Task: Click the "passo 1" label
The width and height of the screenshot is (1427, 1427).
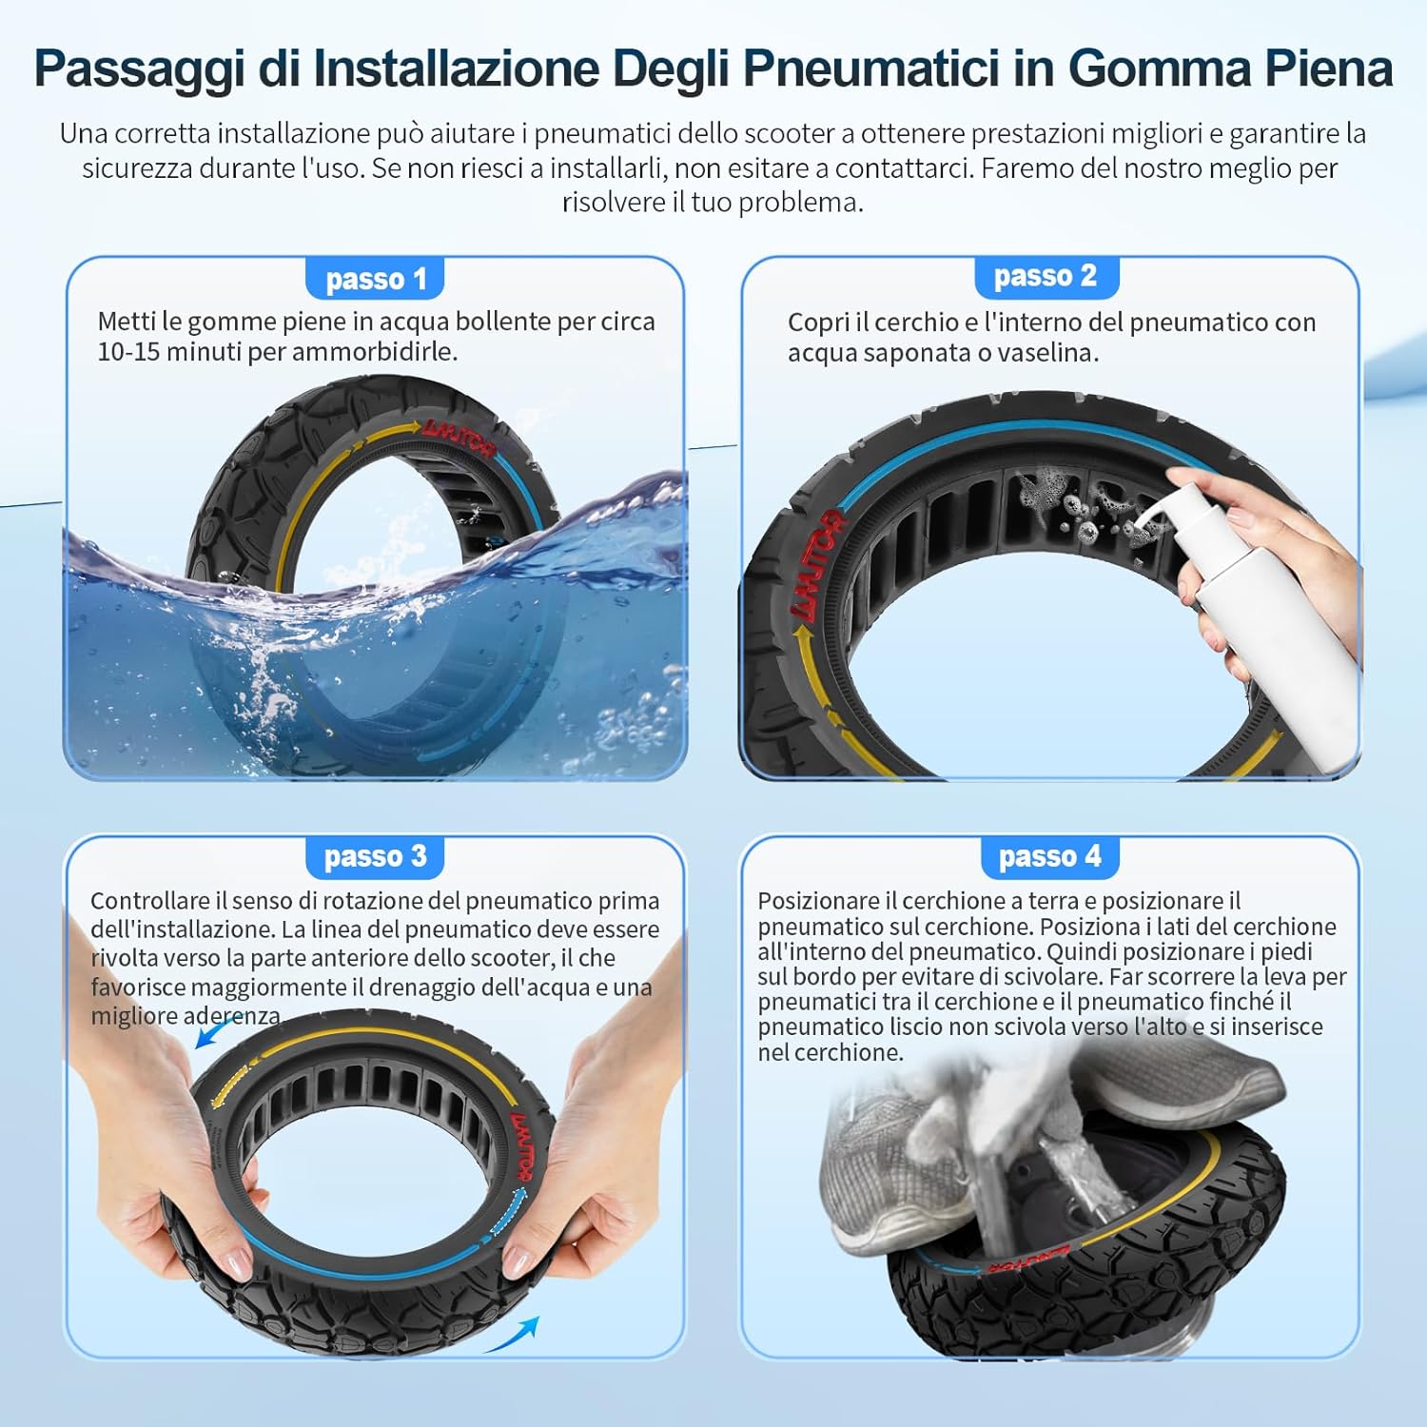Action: [376, 280]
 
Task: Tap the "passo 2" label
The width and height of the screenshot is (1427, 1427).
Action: [1046, 276]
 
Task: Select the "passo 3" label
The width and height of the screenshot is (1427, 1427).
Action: [375, 856]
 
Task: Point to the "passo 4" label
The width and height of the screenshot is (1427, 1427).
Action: [1049, 856]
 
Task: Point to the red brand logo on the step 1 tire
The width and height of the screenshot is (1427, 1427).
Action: [459, 437]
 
